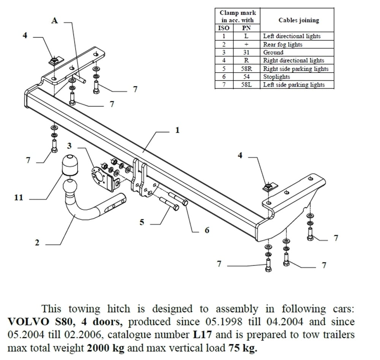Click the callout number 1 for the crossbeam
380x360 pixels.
pyautogui.click(x=177, y=130)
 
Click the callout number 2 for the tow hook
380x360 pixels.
pyautogui.click(x=37, y=243)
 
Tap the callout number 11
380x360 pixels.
pyautogui.click(x=19, y=197)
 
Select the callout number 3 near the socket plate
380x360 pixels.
pyautogui.click(x=69, y=146)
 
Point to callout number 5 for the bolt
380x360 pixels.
pyautogui.click(x=142, y=222)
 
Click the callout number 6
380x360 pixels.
pyautogui.click(x=207, y=230)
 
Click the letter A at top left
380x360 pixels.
pyautogui.click(x=55, y=21)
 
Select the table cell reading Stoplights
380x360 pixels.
pyautogui.click(x=277, y=77)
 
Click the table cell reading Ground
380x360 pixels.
pyautogui.click(x=273, y=52)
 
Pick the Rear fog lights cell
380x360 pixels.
pyautogui.click(x=283, y=44)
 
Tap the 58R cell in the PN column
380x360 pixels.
pyautogui.click(x=246, y=69)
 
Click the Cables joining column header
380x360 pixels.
pyautogui.click(x=298, y=20)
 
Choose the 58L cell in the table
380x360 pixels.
pyautogui.click(x=246, y=85)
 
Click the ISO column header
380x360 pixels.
pyautogui.click(x=224, y=28)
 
